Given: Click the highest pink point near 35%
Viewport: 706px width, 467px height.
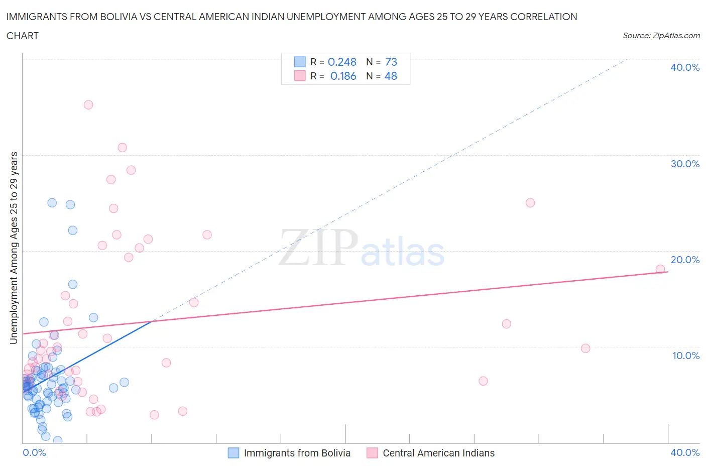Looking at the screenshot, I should (88, 105).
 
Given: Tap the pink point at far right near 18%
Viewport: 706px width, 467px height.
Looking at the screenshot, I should (660, 269).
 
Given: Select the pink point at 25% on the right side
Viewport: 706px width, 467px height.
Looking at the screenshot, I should (530, 203).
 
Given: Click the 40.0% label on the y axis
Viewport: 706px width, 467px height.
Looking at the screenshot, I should (684, 67).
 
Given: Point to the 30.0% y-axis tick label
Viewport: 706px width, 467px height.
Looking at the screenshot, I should (684, 164).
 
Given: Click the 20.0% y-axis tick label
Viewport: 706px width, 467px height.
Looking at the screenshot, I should (684, 260).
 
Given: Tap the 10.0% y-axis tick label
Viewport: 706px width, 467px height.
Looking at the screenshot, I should (685, 356).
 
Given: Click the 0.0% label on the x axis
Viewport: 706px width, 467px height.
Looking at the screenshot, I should (34, 452).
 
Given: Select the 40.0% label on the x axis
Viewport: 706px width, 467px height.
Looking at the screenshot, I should (684, 452).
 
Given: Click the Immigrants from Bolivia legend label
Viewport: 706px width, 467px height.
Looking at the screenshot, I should (297, 453).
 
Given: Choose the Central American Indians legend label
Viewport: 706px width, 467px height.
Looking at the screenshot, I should (438, 453).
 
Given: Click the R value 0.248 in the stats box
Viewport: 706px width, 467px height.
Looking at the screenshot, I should (342, 62).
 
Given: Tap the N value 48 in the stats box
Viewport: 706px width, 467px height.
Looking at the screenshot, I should (391, 76).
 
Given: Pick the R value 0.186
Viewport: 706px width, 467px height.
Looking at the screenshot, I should (343, 76).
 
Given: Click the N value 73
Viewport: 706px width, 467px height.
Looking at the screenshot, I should (391, 62).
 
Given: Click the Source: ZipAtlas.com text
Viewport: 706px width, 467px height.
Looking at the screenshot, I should (661, 35).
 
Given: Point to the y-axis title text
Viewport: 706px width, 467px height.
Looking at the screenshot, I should (14, 248).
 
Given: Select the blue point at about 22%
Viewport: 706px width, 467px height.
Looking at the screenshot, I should (73, 230).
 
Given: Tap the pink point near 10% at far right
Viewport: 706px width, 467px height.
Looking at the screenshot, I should (585, 348).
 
